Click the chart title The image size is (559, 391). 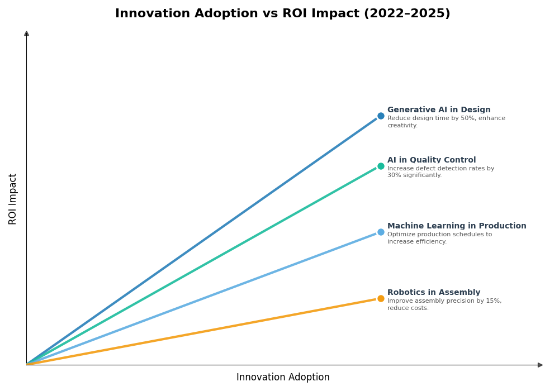click(282, 14)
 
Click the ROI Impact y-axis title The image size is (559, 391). click(13, 199)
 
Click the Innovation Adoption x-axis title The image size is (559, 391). click(283, 378)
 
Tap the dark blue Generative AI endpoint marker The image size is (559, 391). click(381, 116)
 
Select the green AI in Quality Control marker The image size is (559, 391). click(381, 166)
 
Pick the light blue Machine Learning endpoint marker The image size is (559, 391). click(381, 232)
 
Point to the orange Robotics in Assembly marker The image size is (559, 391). click(381, 298)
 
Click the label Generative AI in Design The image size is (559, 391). click(439, 110)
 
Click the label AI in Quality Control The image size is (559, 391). click(432, 160)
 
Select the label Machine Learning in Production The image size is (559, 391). click(457, 226)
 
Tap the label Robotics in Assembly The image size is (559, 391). click(434, 293)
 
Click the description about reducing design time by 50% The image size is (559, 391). click(446, 122)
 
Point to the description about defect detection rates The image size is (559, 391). click(440, 172)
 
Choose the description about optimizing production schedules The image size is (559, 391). click(439, 238)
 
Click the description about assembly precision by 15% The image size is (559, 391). click(444, 304)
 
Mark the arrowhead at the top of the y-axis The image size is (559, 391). click(26, 34)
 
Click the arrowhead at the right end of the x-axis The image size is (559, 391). click(540, 365)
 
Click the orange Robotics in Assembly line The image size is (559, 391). click(201, 332)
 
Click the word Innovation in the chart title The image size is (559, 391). click(152, 14)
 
